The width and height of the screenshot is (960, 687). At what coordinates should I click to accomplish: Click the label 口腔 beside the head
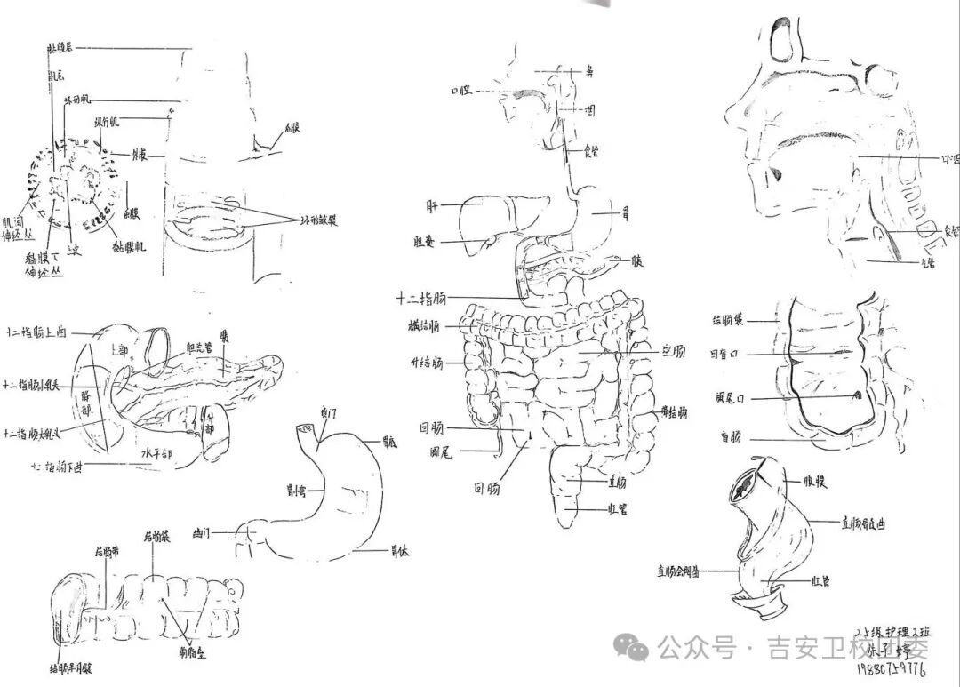click(461, 91)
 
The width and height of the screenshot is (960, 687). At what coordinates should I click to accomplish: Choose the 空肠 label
click(675, 350)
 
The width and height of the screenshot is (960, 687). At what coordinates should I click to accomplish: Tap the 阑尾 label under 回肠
click(441, 452)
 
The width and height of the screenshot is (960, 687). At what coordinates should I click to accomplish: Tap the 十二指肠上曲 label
click(36, 333)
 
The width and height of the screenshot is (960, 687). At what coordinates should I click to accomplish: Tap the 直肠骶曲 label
click(863, 523)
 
